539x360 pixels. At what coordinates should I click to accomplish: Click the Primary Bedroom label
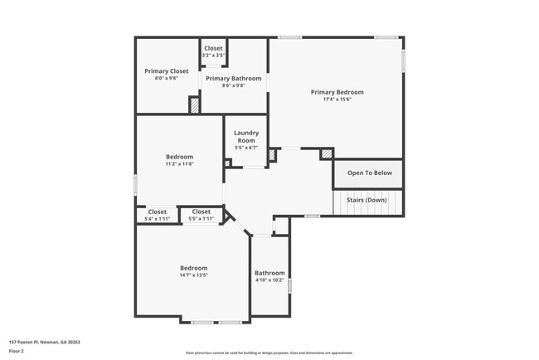337,92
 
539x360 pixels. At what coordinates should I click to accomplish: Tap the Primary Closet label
166,71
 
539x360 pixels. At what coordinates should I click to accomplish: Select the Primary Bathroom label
233,79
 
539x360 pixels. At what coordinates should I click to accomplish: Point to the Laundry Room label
246,137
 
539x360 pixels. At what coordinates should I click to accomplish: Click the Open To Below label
369,173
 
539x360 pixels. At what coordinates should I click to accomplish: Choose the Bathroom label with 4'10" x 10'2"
269,273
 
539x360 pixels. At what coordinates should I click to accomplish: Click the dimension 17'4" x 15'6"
337,100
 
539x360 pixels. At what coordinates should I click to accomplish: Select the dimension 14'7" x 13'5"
193,275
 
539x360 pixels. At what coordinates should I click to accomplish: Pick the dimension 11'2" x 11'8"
179,164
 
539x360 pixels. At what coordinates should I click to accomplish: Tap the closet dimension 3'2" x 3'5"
213,56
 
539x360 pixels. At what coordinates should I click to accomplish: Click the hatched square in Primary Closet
195,105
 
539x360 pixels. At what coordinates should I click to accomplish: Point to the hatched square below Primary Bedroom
327,154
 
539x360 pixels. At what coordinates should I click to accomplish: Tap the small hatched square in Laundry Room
227,163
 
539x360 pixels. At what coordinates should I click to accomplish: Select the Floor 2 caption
17,351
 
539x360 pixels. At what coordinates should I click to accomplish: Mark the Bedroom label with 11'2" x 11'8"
179,157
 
